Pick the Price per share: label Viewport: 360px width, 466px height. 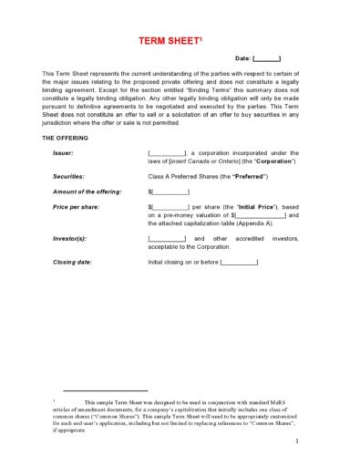(x=75, y=208)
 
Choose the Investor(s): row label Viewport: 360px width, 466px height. (x=70, y=238)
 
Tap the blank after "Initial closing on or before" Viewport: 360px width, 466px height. (x=239, y=262)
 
